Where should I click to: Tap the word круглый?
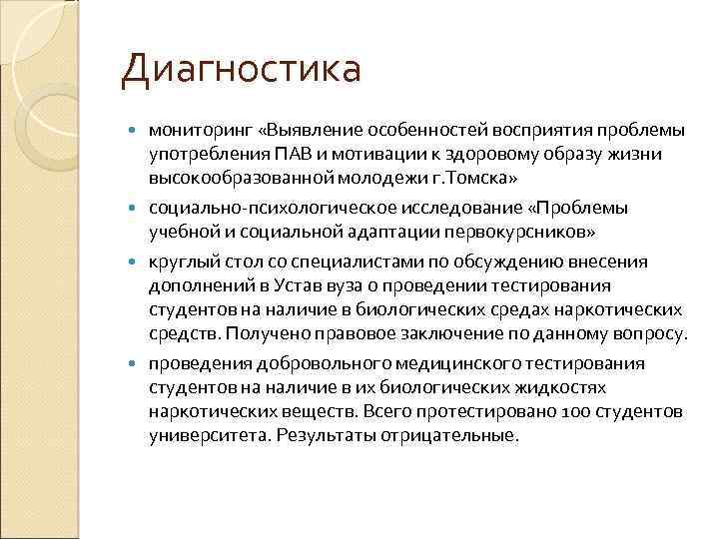coord(181,263)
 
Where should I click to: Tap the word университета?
coord(209,435)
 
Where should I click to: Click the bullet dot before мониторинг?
coord(137,132)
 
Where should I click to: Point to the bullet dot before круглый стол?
coord(137,263)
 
